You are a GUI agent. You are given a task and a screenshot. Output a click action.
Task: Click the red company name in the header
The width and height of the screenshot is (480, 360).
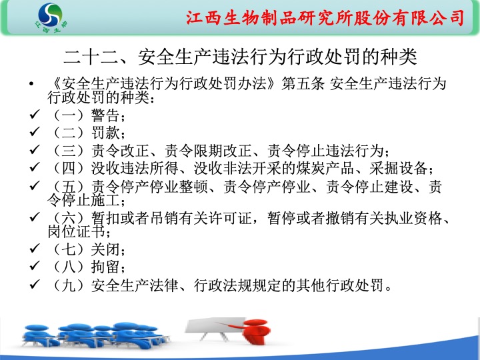325,17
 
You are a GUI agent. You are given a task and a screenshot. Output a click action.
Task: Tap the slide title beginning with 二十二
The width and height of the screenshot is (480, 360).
240,57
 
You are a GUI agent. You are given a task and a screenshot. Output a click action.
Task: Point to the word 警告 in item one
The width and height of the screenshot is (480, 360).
105,115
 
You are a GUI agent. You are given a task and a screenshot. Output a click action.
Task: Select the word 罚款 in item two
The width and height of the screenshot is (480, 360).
105,133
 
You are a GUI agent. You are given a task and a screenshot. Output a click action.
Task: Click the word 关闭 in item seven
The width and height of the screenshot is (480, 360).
105,249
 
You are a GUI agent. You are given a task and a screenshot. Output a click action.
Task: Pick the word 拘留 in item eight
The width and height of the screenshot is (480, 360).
105,267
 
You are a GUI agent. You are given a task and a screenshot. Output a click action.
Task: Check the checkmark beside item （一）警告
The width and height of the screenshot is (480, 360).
34,115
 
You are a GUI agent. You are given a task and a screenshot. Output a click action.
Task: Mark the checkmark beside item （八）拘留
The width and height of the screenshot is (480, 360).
34,266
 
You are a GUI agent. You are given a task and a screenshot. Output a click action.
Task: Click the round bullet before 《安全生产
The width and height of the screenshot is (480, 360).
31,83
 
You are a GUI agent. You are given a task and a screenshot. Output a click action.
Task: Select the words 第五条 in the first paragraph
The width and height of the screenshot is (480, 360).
303,83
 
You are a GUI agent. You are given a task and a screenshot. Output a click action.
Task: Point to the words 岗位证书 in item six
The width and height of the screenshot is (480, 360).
77,231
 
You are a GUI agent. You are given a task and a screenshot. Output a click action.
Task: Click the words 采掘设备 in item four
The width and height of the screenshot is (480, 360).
398,168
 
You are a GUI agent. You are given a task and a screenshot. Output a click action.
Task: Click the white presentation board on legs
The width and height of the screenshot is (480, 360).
215,327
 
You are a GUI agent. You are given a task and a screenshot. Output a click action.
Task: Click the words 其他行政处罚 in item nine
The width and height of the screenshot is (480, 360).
341,285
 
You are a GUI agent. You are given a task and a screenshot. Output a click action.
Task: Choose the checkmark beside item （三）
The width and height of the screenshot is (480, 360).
34,149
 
